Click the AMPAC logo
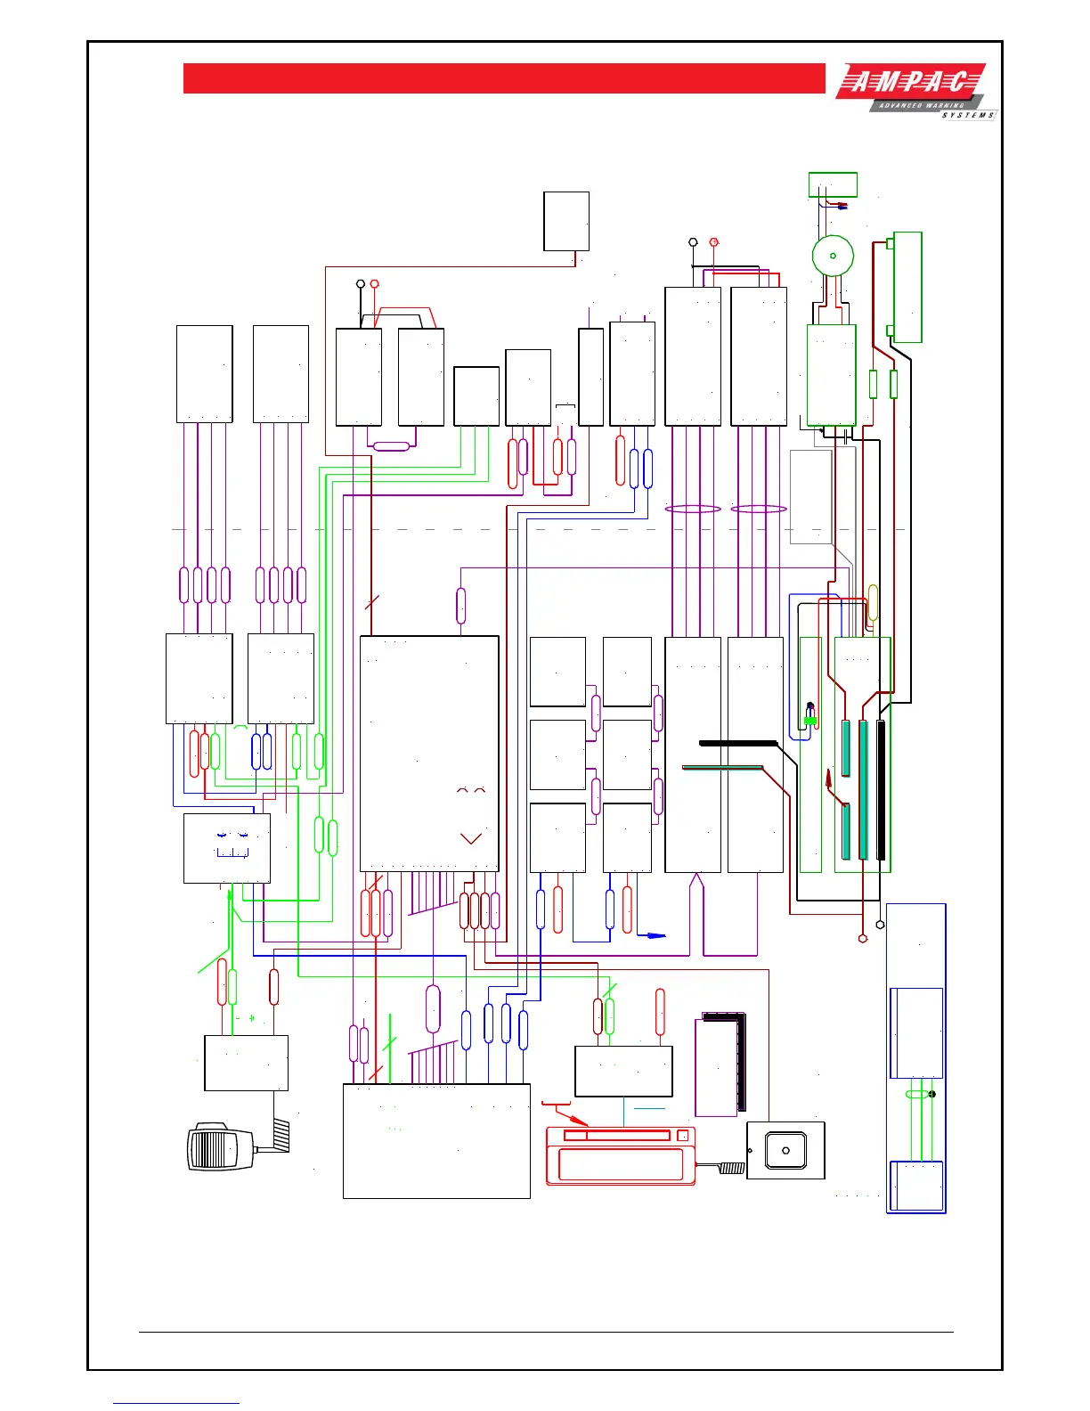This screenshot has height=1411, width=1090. (914, 91)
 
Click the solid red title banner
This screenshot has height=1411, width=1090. (504, 78)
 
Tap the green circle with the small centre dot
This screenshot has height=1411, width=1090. (833, 256)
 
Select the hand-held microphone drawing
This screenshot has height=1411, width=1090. (219, 1146)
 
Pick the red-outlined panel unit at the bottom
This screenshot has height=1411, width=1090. (620, 1156)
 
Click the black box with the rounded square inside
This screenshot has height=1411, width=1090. (785, 1150)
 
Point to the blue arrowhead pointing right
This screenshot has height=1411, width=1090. (656, 935)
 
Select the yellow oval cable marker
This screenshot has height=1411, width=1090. (873, 602)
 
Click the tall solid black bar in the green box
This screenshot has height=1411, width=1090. (881, 789)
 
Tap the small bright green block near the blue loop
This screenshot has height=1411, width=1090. (810, 720)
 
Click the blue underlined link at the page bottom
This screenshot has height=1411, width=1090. (176, 1403)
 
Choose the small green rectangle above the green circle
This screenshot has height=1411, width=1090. (833, 184)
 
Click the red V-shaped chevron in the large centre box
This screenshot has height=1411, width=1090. (470, 837)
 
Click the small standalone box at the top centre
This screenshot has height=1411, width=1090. (566, 221)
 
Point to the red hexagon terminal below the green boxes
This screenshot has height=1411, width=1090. (862, 938)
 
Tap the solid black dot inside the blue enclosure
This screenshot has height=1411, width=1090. (931, 1094)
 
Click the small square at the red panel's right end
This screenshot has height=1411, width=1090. (683, 1135)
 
